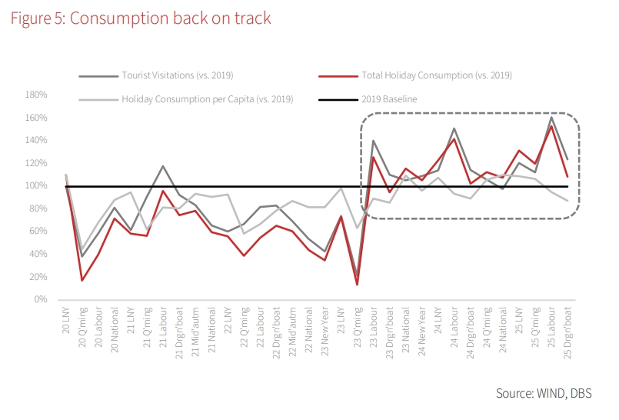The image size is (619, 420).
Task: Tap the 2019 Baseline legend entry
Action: coord(389,99)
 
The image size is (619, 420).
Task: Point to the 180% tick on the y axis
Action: coord(36,95)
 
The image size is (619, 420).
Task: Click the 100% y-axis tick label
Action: coord(36,186)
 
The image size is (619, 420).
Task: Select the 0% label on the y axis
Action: coord(41,299)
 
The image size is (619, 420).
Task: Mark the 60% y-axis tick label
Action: coord(38,232)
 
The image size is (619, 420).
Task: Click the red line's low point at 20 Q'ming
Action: coord(82,280)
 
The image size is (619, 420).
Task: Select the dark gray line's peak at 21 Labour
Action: coord(163,166)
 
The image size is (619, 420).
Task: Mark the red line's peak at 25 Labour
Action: coord(551,126)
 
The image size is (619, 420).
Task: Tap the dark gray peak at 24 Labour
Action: coord(454,128)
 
